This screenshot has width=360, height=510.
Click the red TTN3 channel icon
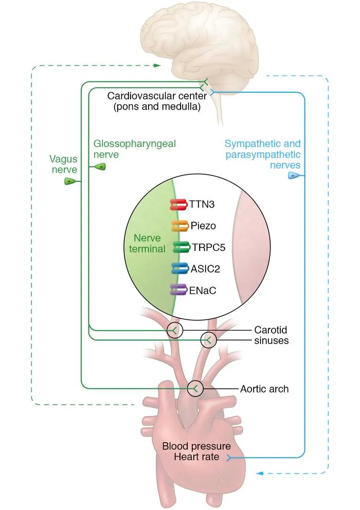(178, 205)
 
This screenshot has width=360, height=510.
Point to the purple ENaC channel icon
(178, 290)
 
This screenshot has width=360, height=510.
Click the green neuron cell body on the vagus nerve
(70, 181)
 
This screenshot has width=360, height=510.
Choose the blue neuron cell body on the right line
(294, 176)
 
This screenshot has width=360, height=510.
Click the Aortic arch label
(264, 389)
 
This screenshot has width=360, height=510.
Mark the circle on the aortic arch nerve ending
(195, 389)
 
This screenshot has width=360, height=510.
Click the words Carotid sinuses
(270, 335)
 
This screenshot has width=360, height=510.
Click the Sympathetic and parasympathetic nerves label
(263, 154)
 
